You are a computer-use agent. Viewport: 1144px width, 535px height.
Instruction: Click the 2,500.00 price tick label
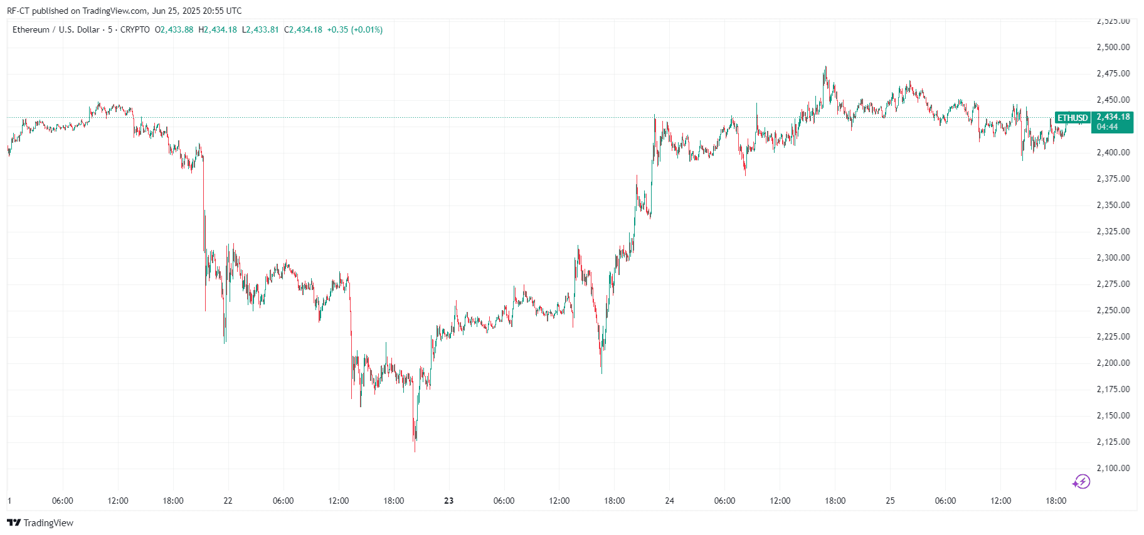point(1113,47)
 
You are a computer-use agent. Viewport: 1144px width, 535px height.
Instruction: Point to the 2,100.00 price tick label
point(1113,468)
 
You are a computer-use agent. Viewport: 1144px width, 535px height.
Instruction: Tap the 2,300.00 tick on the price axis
point(1113,257)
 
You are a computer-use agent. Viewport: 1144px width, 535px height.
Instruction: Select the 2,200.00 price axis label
point(1113,363)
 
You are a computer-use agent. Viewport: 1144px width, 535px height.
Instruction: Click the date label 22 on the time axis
point(228,501)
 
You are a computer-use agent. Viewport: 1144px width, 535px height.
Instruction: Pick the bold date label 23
point(448,501)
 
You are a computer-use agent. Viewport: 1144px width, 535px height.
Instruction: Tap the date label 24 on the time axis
point(669,501)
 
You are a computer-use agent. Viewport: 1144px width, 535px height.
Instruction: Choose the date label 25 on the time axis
point(890,501)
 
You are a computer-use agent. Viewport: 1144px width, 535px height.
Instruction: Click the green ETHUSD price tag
point(1072,118)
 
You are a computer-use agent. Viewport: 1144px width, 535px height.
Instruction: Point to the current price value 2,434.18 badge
point(1113,117)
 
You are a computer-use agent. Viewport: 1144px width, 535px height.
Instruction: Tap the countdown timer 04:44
point(1107,127)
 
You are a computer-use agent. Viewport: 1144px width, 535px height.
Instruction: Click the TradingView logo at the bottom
point(40,523)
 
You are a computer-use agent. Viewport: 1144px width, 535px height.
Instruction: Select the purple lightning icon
point(1081,482)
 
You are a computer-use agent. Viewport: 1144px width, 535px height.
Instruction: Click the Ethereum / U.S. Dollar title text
point(56,29)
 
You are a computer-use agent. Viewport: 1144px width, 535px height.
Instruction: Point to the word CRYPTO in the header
point(135,29)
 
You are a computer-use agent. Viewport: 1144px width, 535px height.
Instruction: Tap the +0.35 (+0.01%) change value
point(355,29)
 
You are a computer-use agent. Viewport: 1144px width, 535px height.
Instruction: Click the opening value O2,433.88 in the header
point(174,29)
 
